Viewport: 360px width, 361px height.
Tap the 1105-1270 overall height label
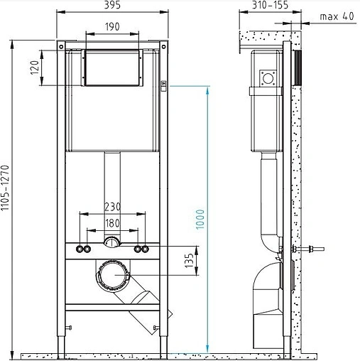(x=6, y=190)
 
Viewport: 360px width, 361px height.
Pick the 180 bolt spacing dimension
(x=113, y=222)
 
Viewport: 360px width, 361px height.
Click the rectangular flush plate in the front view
(x=113, y=68)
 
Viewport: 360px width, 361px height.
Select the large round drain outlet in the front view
(x=112, y=274)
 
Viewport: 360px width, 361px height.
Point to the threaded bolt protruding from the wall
(x=310, y=249)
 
